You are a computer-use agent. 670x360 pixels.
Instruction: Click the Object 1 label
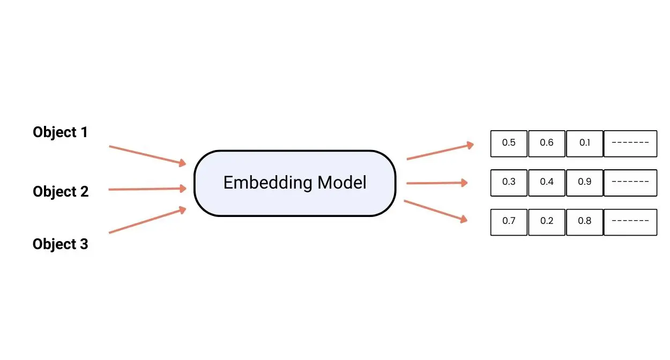60,132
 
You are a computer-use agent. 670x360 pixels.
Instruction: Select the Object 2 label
61,191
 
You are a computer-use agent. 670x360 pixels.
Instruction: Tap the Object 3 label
60,244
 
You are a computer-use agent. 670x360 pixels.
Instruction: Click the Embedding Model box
295,183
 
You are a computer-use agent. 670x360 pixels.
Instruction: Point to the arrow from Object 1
147,154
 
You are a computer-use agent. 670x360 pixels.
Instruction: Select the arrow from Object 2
147,189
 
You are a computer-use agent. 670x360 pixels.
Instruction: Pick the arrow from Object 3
147,220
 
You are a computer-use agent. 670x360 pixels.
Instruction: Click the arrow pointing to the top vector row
440,151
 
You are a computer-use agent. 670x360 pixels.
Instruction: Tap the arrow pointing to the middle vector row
437,183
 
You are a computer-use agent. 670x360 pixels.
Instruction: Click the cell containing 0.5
509,143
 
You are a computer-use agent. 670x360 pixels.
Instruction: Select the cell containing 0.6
547,143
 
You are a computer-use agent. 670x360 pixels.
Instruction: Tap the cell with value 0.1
584,143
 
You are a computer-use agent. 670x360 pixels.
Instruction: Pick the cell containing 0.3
509,182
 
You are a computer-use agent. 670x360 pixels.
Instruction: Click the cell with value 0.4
547,182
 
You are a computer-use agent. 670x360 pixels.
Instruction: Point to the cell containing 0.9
584,182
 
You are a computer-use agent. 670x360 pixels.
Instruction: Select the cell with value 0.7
509,221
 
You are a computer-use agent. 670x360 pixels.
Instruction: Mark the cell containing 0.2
547,221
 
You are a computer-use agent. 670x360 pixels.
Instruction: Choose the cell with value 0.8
584,221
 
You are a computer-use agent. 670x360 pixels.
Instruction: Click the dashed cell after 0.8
630,221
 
